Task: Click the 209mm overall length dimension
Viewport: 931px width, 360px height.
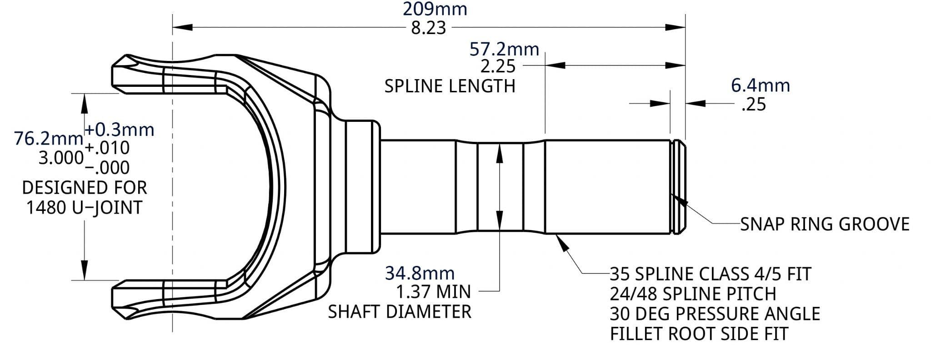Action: point(435,9)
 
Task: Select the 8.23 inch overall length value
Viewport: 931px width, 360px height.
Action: point(428,28)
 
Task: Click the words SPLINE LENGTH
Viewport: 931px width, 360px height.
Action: point(450,86)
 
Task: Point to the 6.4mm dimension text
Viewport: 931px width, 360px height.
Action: point(760,85)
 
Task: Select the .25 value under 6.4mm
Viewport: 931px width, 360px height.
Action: point(753,105)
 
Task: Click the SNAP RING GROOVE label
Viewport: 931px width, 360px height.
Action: point(825,224)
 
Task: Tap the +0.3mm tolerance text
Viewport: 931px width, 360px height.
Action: point(120,130)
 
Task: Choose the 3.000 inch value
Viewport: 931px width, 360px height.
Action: point(61,158)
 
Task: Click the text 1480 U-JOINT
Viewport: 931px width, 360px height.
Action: point(84,208)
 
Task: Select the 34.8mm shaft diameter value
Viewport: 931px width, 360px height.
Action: point(420,273)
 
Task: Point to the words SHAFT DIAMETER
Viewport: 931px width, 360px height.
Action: point(400,312)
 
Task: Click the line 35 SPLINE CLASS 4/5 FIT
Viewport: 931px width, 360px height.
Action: point(710,274)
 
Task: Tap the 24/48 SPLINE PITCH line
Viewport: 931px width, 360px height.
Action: point(693,294)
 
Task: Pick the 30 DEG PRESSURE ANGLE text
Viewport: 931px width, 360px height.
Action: point(715,314)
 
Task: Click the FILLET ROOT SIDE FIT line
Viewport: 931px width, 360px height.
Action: point(699,334)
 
